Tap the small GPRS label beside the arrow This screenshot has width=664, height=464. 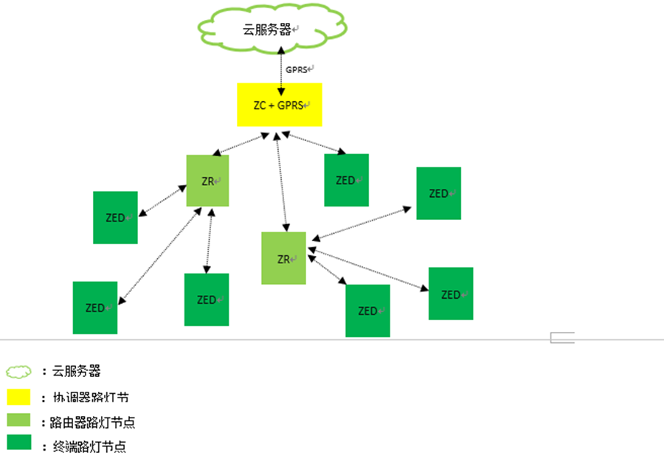point(299,69)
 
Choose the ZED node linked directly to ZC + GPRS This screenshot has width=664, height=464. point(346,180)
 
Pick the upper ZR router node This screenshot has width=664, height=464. point(207,180)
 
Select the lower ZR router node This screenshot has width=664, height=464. point(283,258)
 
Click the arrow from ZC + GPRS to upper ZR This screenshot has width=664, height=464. point(240,144)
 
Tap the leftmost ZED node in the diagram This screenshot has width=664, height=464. point(94,308)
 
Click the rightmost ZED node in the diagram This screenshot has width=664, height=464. point(450,294)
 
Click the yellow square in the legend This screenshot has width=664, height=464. point(18,397)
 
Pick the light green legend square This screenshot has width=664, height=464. point(18,420)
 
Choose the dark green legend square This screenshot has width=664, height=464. point(18,443)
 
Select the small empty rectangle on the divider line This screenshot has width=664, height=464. point(562,338)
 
